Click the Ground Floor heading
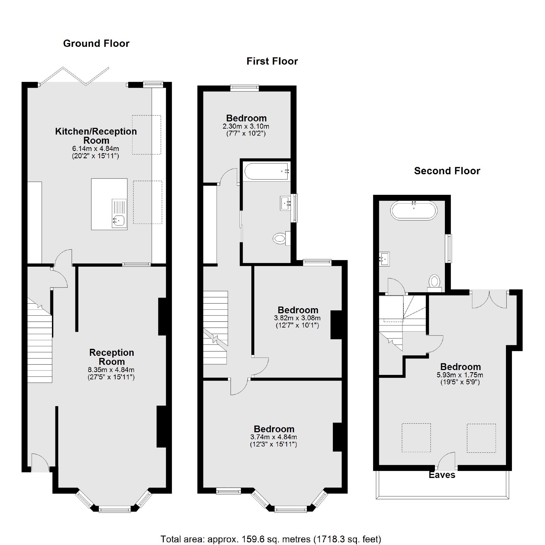(96, 43)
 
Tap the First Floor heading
(272, 61)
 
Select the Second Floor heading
(447, 171)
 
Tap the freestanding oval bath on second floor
(414, 210)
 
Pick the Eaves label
(442, 475)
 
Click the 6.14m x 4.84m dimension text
(96, 148)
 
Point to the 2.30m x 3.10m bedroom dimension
(246, 126)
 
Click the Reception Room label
(111, 357)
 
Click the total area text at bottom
(270, 539)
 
